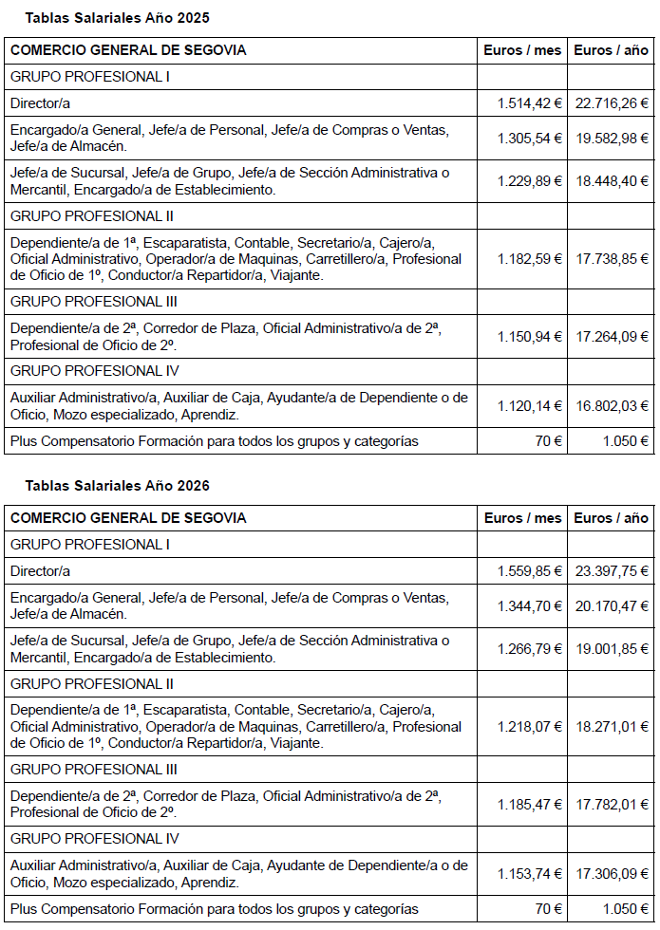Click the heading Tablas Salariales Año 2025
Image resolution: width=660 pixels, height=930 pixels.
point(117,18)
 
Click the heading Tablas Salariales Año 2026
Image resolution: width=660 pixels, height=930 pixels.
point(117,486)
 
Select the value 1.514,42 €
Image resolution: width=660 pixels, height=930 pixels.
point(529,102)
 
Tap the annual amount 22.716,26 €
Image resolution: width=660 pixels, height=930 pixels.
point(612,102)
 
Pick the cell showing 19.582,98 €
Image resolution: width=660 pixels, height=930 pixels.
point(612,138)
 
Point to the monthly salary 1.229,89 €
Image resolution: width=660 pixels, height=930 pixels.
point(529,181)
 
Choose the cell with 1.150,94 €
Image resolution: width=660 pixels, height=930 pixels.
point(529,336)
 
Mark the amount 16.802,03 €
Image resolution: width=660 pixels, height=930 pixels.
point(612,406)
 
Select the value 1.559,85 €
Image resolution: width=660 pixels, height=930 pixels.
point(529,571)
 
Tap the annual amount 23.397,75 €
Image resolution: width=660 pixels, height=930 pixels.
point(612,571)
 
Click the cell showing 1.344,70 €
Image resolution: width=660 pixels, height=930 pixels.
point(529,605)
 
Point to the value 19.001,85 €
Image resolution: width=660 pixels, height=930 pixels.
point(612,649)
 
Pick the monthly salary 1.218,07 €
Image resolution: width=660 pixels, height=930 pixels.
point(529,727)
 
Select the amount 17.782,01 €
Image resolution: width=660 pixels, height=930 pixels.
point(612,805)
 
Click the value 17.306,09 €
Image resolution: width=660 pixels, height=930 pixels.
point(612,874)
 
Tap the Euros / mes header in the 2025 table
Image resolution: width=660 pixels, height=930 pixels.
point(522,50)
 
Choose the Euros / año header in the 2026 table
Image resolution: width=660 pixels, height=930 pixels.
point(612,518)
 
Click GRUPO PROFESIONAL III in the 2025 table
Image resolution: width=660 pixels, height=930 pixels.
point(94,302)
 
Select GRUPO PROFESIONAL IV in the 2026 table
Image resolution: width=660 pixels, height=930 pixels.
point(94,839)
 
